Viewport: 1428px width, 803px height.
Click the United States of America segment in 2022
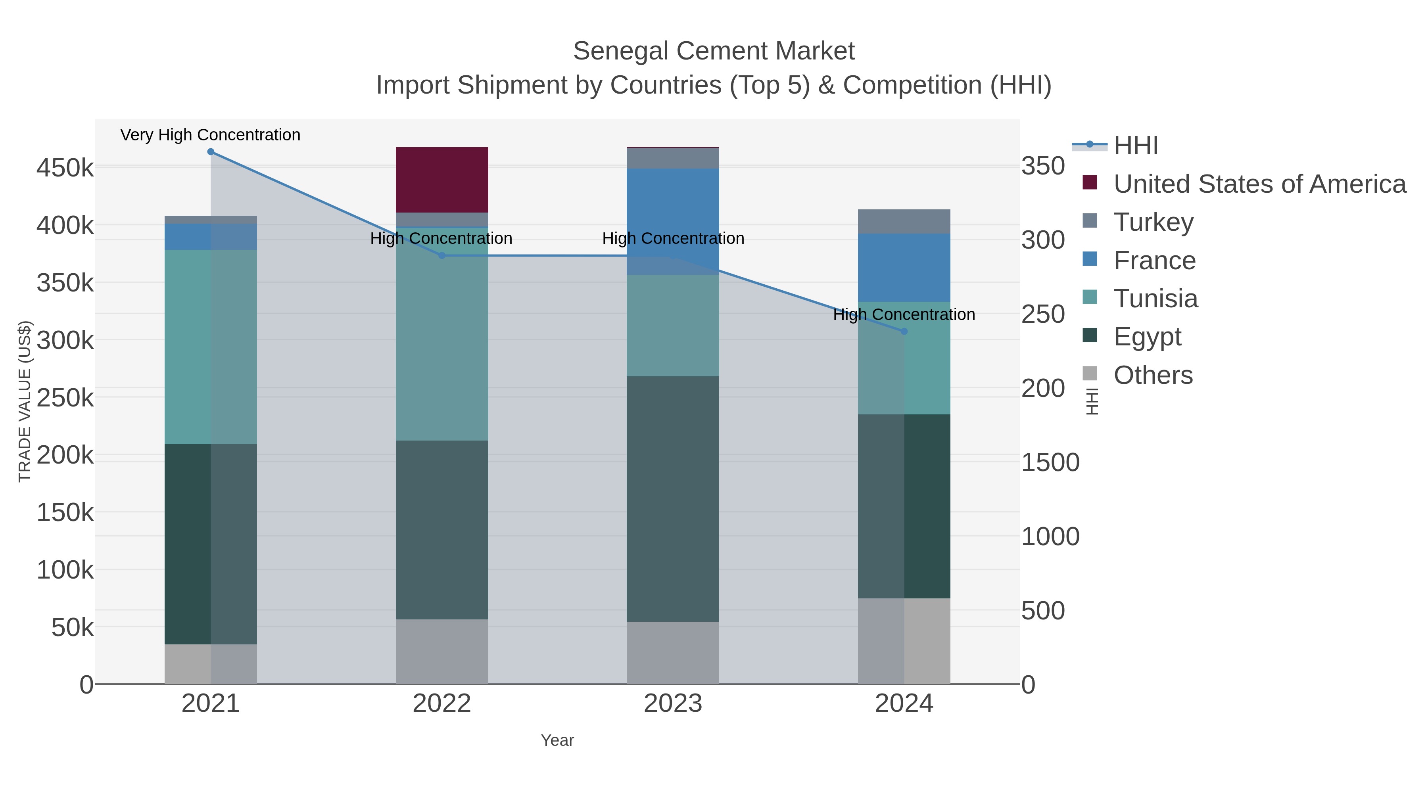click(x=442, y=180)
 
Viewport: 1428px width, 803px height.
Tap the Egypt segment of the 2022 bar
click(x=442, y=529)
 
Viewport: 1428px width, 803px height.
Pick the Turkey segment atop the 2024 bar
click(x=904, y=221)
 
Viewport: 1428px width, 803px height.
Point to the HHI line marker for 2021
click(x=211, y=152)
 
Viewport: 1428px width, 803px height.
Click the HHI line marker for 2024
click(x=904, y=332)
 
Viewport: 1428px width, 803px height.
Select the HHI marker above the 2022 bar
click(x=442, y=255)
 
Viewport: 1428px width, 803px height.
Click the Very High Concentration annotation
click(x=210, y=135)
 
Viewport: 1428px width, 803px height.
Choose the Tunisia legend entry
click(x=1155, y=299)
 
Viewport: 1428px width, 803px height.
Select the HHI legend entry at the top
click(x=1135, y=146)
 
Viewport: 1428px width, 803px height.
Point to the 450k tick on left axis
click(x=65, y=167)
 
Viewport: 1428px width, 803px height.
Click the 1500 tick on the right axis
click(x=1050, y=462)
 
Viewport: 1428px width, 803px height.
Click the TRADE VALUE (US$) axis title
click(x=25, y=401)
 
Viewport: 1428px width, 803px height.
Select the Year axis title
click(x=557, y=740)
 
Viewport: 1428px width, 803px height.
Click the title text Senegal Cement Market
click(x=714, y=51)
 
